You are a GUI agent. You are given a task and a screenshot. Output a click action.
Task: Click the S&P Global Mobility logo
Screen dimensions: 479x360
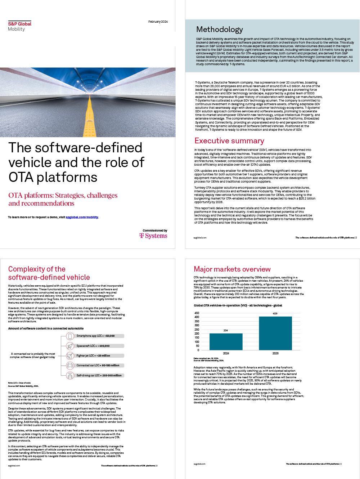point(19,26)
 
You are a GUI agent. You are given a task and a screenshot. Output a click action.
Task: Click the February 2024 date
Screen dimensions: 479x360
point(158,22)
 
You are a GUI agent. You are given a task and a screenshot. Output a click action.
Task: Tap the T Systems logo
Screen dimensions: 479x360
point(153,236)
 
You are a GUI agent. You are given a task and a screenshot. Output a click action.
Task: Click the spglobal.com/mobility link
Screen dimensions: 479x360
point(82,217)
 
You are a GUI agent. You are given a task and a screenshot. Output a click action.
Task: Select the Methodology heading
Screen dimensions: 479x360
point(220,30)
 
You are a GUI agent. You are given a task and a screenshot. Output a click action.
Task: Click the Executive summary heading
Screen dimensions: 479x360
point(229,141)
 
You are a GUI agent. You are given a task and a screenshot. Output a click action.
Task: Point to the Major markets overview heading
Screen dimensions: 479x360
point(232,269)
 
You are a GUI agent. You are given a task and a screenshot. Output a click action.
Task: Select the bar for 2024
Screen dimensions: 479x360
point(226,341)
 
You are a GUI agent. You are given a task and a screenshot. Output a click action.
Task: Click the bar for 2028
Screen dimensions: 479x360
point(275,333)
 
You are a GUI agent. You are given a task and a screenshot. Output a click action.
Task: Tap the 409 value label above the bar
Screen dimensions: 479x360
point(275,314)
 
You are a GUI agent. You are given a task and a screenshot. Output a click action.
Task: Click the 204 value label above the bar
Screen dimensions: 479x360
point(226,330)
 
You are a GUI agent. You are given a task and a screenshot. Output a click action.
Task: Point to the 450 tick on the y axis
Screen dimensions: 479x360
point(197,313)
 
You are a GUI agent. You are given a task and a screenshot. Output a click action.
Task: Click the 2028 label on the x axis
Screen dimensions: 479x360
point(275,353)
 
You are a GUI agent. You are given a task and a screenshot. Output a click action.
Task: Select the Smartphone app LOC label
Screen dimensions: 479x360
point(96,336)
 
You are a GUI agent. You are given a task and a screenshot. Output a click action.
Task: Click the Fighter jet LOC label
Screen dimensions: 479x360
point(93,355)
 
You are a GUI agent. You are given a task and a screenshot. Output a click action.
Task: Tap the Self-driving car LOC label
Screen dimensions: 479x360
point(99,375)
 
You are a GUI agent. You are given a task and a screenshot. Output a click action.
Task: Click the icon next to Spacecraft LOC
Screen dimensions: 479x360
point(70,346)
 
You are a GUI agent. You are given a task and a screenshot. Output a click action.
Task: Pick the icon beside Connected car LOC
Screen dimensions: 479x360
point(70,366)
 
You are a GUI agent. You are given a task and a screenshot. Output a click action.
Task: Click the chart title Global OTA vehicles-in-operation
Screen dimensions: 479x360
point(238,305)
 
